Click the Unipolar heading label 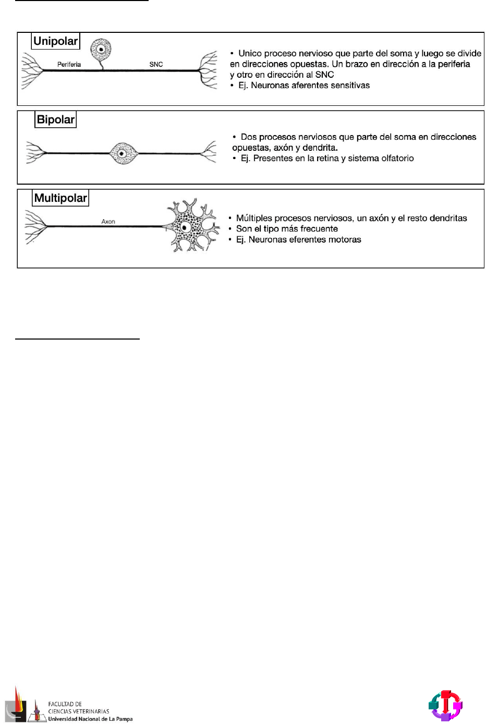point(55,41)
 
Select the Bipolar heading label point(56,119)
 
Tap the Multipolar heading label point(60,198)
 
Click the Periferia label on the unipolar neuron point(69,65)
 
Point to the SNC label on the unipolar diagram point(156,65)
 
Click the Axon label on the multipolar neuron point(108,222)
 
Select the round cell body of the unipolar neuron point(101,50)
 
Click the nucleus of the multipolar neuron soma point(185,228)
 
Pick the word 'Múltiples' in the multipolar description point(254,219)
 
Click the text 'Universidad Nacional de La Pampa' point(90,719)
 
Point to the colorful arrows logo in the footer point(445,706)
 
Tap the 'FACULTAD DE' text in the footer point(65,704)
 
